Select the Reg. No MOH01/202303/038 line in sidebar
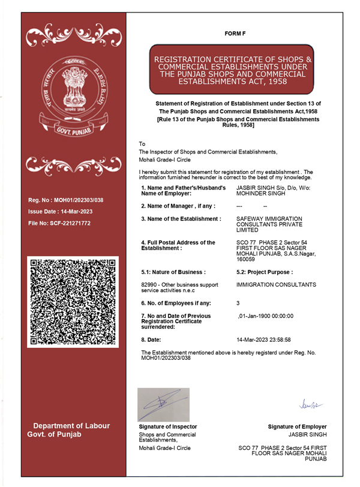click(70, 200)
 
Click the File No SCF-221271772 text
click(59, 223)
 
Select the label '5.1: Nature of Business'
click(173, 272)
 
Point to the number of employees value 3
click(239, 303)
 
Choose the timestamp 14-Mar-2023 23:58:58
click(265, 339)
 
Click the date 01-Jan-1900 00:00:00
click(266, 315)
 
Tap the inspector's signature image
click(163, 404)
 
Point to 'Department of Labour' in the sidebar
click(71, 426)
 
